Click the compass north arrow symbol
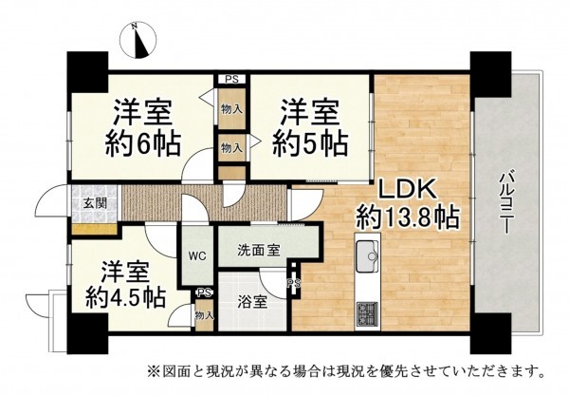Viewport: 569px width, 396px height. [x=140, y=40]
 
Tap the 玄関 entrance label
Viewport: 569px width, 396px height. [x=93, y=202]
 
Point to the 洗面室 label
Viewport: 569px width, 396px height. [x=258, y=252]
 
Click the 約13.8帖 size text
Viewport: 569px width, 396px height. [x=408, y=218]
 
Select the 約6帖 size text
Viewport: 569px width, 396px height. [x=144, y=146]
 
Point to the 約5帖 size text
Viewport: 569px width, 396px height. [x=310, y=146]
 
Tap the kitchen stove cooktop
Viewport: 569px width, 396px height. [x=366, y=312]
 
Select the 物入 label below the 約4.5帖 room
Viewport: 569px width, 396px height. [x=203, y=315]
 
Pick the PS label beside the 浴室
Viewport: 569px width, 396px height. [x=294, y=284]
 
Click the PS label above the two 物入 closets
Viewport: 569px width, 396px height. [x=231, y=80]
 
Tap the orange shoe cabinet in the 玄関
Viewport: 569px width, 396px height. [x=93, y=229]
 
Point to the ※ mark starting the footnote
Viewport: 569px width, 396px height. [x=153, y=369]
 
